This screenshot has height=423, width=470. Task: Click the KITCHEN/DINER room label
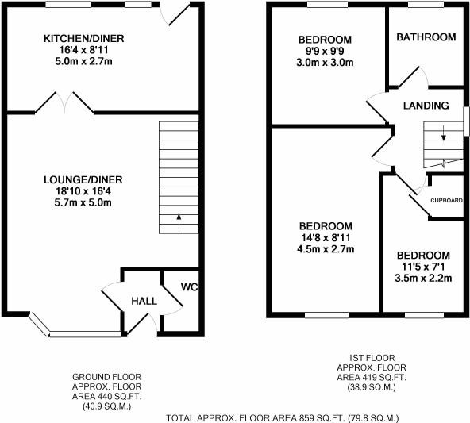click(84, 38)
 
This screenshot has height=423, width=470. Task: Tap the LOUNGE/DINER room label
click(83, 179)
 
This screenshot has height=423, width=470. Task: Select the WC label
click(189, 286)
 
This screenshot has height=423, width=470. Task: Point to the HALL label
click(144, 301)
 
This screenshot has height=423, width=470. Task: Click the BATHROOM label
click(426, 37)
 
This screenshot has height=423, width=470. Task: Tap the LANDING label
click(426, 106)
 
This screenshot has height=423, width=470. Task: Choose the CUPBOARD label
click(446, 200)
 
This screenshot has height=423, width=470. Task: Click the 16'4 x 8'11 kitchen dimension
click(84, 49)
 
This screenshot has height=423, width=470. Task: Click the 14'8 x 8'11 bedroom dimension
click(326, 238)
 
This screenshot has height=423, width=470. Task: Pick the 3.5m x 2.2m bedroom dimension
click(423, 278)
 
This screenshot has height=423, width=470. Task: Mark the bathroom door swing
click(413, 78)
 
